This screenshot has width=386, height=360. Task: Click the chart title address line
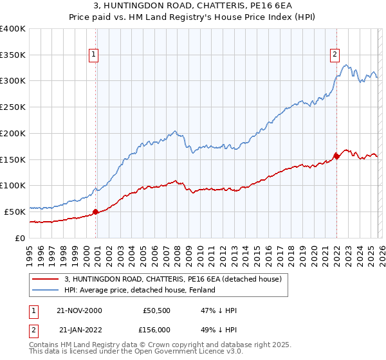[192, 6]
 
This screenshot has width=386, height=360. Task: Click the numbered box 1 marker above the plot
[94, 55]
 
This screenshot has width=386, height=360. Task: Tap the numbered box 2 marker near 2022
[335, 55]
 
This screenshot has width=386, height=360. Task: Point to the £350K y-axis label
[13, 55]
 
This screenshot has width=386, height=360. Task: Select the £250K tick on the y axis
[13, 107]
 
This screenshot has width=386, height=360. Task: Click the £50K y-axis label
[15, 212]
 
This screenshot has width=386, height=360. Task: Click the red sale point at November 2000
[96, 211]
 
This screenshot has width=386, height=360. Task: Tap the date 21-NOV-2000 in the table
[80, 310]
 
